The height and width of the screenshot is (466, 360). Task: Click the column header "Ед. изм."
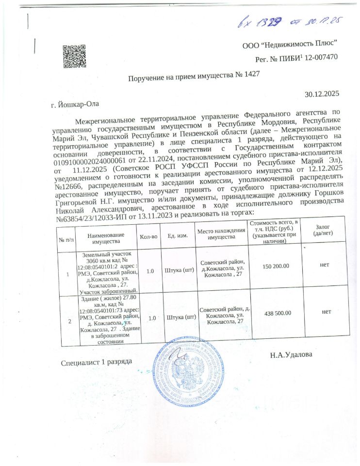click(x=178, y=236)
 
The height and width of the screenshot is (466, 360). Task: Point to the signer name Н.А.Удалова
click(x=291, y=355)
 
